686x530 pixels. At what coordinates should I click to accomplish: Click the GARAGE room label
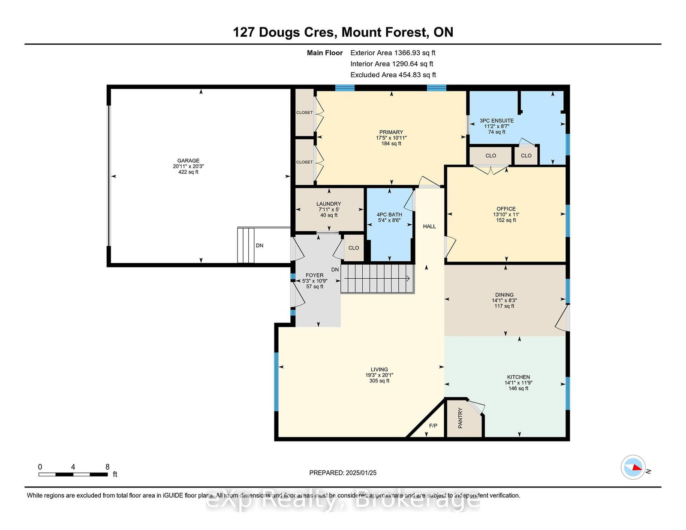tap(188, 160)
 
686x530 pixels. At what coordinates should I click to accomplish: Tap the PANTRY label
tap(460, 418)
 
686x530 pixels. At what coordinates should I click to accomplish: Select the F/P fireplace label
tap(433, 425)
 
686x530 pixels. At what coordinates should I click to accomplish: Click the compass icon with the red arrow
tap(633, 467)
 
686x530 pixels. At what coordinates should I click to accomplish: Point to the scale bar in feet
tap(73, 474)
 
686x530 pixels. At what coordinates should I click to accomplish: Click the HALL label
tap(429, 226)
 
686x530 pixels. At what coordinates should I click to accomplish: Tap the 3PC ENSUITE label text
tap(496, 120)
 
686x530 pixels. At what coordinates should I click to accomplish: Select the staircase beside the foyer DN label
tap(378, 279)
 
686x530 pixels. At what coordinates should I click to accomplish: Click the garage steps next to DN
tap(246, 245)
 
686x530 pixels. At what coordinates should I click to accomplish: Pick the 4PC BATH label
tap(389, 215)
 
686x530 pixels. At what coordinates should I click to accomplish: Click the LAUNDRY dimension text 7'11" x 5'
tap(328, 210)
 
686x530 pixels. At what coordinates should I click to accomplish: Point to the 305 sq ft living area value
tap(379, 381)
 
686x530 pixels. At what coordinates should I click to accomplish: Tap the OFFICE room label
tap(506, 209)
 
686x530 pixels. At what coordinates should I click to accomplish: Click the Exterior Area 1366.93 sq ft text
tap(393, 53)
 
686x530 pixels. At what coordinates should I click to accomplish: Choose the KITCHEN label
tap(518, 377)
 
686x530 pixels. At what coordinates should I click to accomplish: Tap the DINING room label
tap(504, 295)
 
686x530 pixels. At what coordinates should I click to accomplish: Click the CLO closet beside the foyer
tap(354, 248)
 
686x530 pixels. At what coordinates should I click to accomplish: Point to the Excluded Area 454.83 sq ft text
tap(393, 75)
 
